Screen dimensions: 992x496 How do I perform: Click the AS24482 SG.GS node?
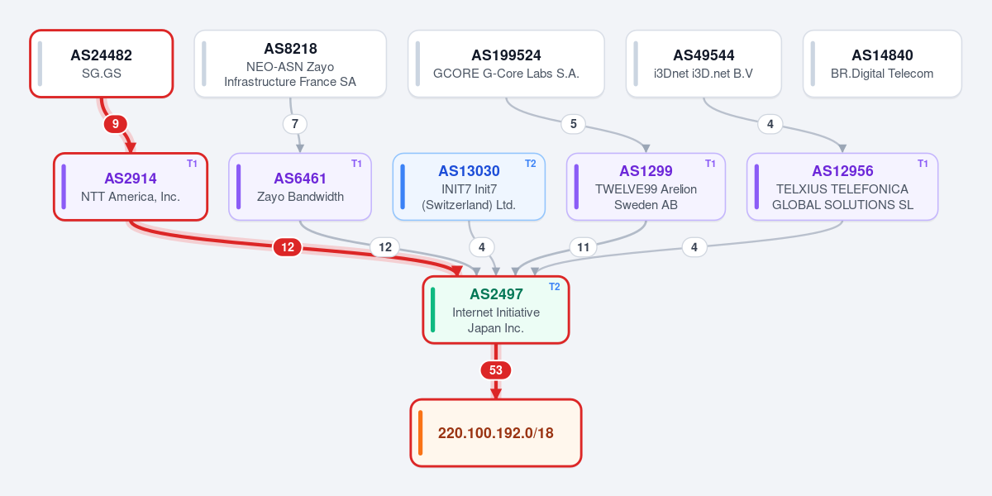click(102, 64)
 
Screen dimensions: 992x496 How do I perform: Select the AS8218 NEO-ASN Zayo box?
click(290, 64)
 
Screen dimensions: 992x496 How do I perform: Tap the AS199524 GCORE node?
click(506, 64)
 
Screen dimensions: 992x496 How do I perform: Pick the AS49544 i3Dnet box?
click(703, 64)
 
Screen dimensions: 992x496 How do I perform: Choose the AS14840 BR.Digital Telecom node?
click(882, 64)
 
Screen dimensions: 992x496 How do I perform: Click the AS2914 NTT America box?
click(131, 187)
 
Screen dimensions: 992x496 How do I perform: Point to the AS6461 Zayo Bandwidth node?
click(300, 187)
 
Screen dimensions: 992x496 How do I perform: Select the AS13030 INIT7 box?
click(469, 187)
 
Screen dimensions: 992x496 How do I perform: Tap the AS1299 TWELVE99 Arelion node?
click(646, 187)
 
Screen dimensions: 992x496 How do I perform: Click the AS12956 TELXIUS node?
click(842, 187)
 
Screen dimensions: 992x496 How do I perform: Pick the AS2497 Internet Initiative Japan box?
click(496, 310)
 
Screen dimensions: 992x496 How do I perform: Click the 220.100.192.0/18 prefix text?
click(496, 433)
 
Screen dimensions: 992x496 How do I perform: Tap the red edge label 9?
click(116, 124)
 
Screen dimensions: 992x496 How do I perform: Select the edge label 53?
click(496, 370)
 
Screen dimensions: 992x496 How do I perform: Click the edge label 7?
click(295, 124)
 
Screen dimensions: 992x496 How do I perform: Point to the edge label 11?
click(584, 247)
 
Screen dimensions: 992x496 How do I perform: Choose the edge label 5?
click(574, 124)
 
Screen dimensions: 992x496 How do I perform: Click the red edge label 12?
click(288, 247)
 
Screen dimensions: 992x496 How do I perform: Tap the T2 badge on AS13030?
click(531, 164)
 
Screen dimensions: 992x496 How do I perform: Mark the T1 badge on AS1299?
click(710, 164)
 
